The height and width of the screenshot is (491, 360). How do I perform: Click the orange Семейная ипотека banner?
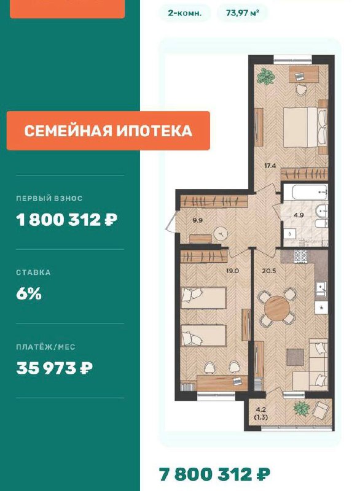(108, 131)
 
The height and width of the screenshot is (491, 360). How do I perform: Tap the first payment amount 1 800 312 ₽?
(67, 220)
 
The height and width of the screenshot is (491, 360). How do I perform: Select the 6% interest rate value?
(29, 294)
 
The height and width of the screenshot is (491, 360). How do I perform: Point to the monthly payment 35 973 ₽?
(54, 368)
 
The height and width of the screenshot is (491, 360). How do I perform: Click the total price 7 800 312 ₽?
(214, 474)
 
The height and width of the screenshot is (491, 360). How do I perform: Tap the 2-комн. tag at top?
(185, 13)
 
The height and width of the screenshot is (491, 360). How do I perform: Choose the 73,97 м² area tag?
(243, 13)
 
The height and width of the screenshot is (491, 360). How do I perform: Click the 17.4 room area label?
(270, 166)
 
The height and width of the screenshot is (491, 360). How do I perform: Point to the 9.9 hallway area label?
(197, 220)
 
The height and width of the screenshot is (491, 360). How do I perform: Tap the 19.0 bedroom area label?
(232, 271)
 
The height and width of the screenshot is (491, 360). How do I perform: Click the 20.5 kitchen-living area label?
(269, 271)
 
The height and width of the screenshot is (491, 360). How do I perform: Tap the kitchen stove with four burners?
(300, 257)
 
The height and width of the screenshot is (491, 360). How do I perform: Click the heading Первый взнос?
(49, 198)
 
